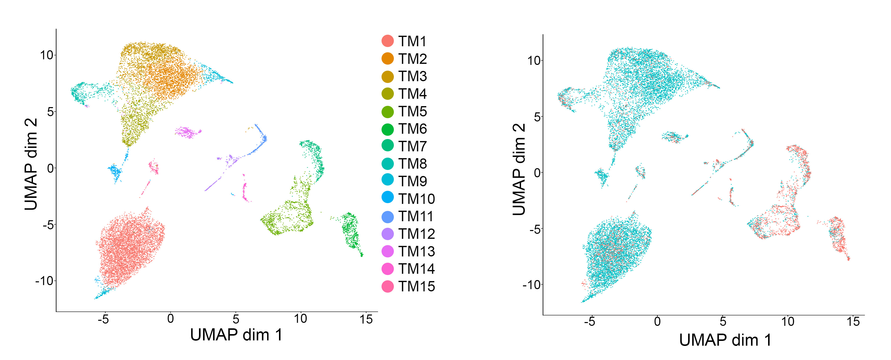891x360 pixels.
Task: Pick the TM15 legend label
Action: (416, 286)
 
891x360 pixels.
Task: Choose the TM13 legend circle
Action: (387, 251)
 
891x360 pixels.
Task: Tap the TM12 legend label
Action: (416, 234)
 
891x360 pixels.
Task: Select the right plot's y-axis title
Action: (519, 169)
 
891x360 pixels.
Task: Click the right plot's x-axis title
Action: (725, 340)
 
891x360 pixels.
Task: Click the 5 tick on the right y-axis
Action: (537, 117)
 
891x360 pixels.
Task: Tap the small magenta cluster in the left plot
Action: (187, 132)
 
